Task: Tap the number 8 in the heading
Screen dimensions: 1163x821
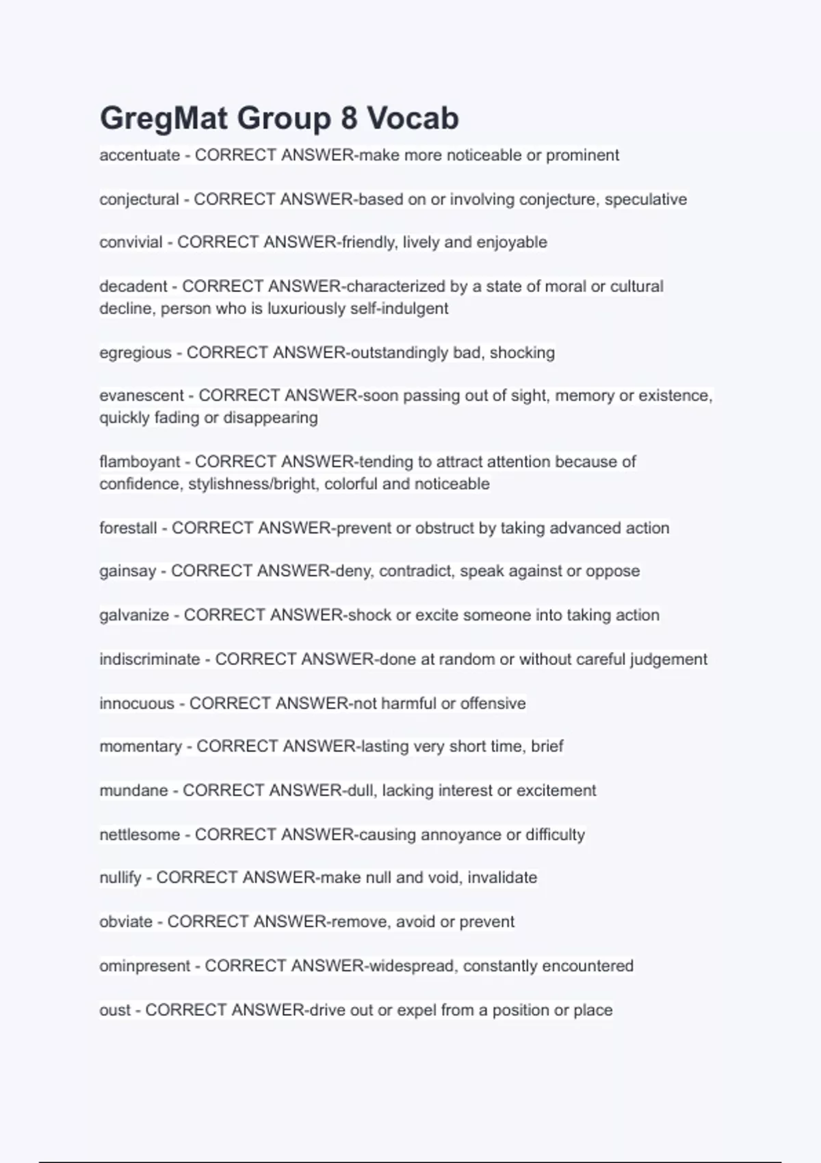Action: point(348,119)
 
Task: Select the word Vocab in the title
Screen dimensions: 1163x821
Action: point(413,119)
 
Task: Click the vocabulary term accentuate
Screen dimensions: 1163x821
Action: point(140,155)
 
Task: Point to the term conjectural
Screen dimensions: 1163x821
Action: point(139,200)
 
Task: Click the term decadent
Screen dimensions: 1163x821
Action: point(133,286)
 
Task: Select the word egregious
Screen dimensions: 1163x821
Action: point(135,353)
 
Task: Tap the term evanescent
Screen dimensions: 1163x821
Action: point(142,395)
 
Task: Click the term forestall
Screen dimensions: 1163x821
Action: point(128,528)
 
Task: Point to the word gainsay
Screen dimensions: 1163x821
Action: point(128,571)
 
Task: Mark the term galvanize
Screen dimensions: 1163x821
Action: point(134,615)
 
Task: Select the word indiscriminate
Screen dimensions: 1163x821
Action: point(150,659)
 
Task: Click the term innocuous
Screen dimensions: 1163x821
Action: point(137,703)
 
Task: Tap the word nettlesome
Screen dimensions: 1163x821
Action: point(140,835)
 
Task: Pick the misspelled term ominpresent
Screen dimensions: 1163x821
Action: point(145,966)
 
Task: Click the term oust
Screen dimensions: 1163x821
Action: point(115,1010)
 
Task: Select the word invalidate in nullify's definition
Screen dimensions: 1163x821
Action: point(502,878)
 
